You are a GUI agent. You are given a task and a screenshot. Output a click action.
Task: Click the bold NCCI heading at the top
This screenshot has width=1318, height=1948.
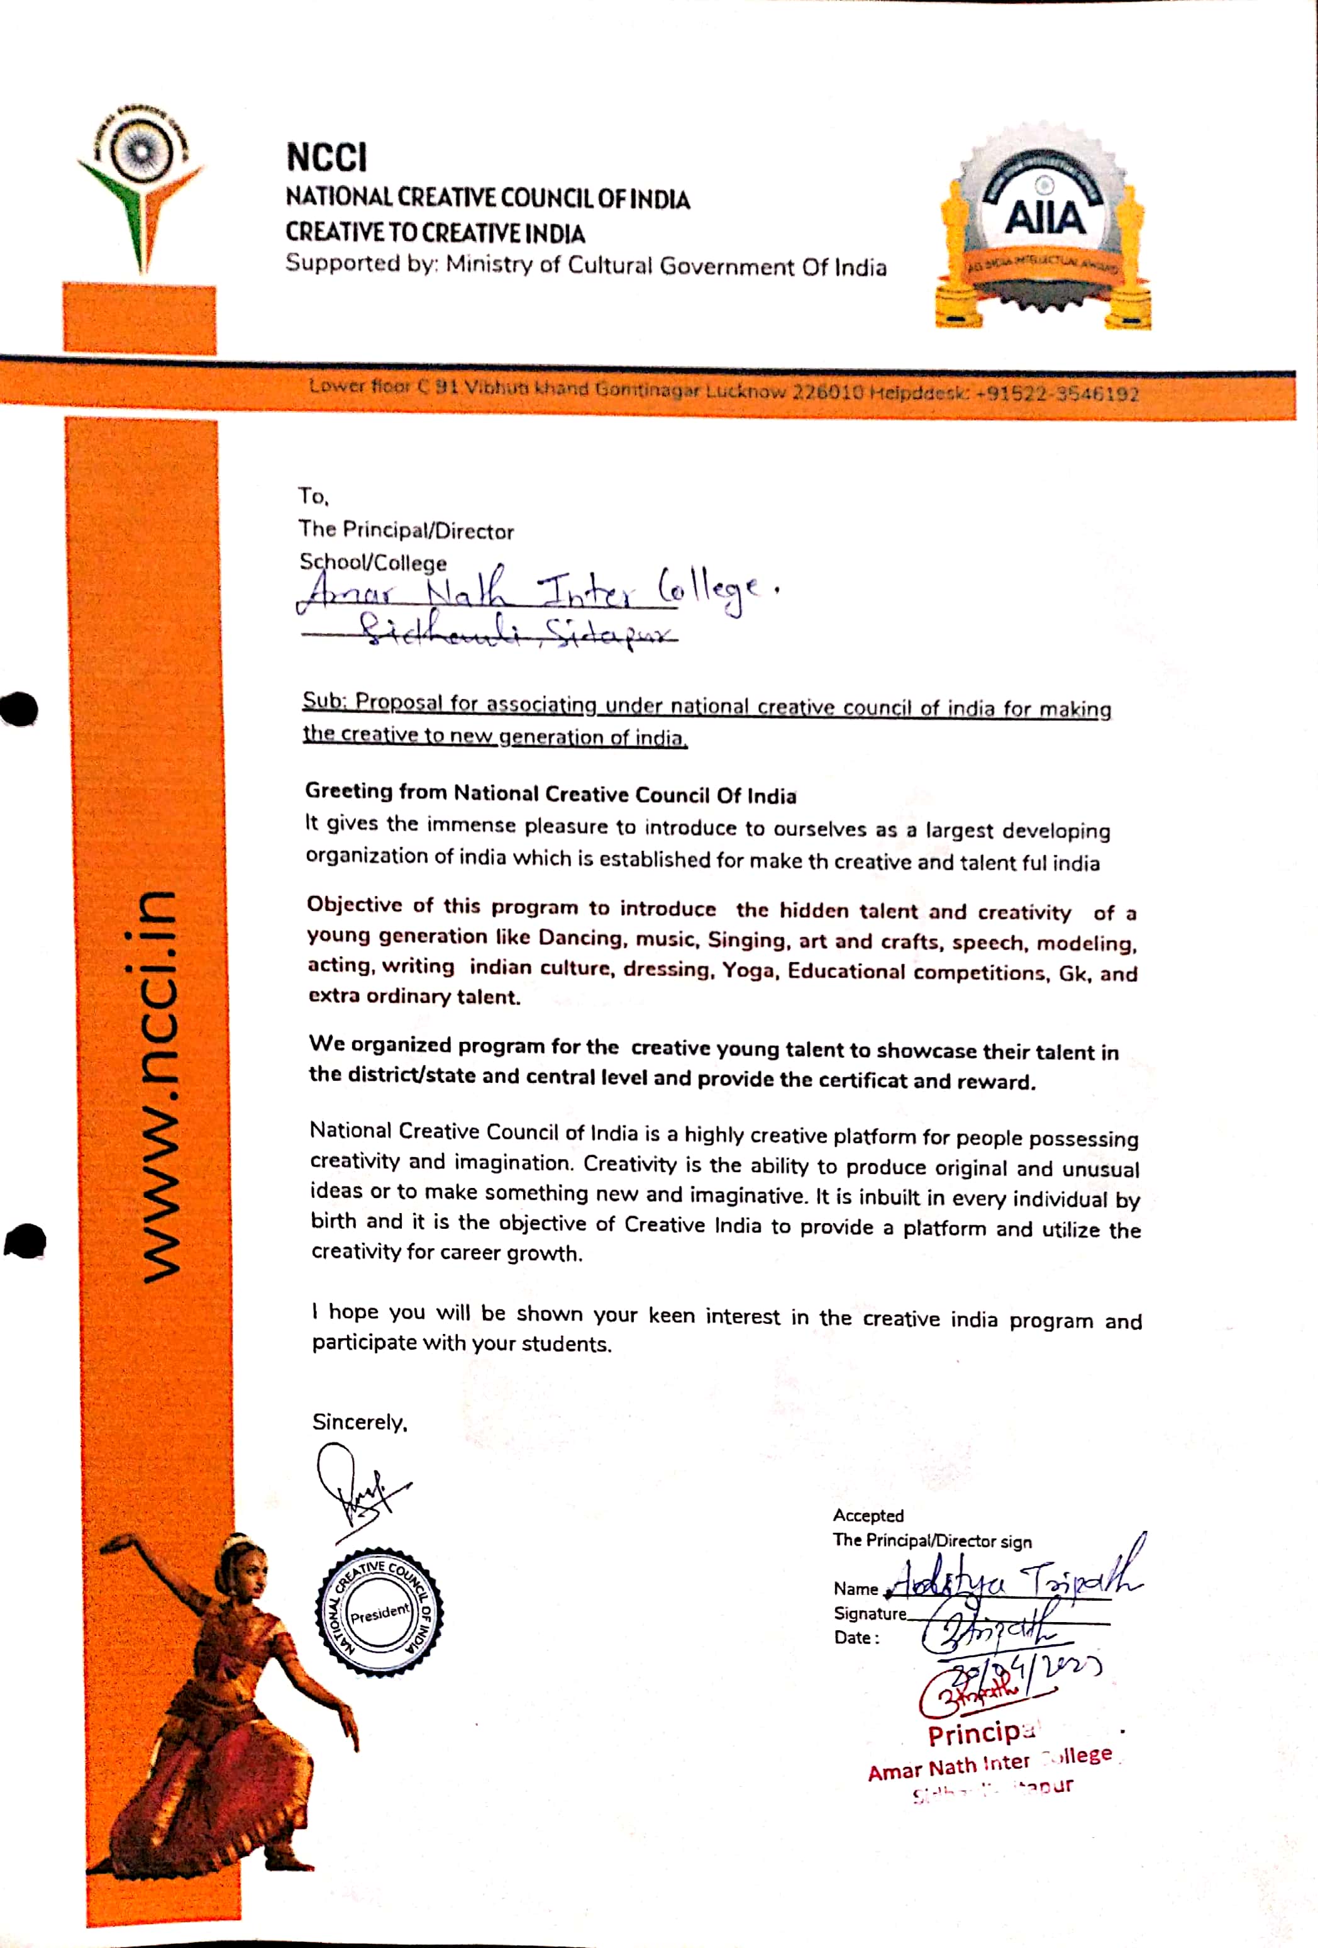point(326,157)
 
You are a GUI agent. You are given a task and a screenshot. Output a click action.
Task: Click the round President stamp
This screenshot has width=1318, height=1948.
point(380,1612)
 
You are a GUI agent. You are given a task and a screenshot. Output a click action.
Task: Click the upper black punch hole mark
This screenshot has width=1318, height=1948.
point(20,709)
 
